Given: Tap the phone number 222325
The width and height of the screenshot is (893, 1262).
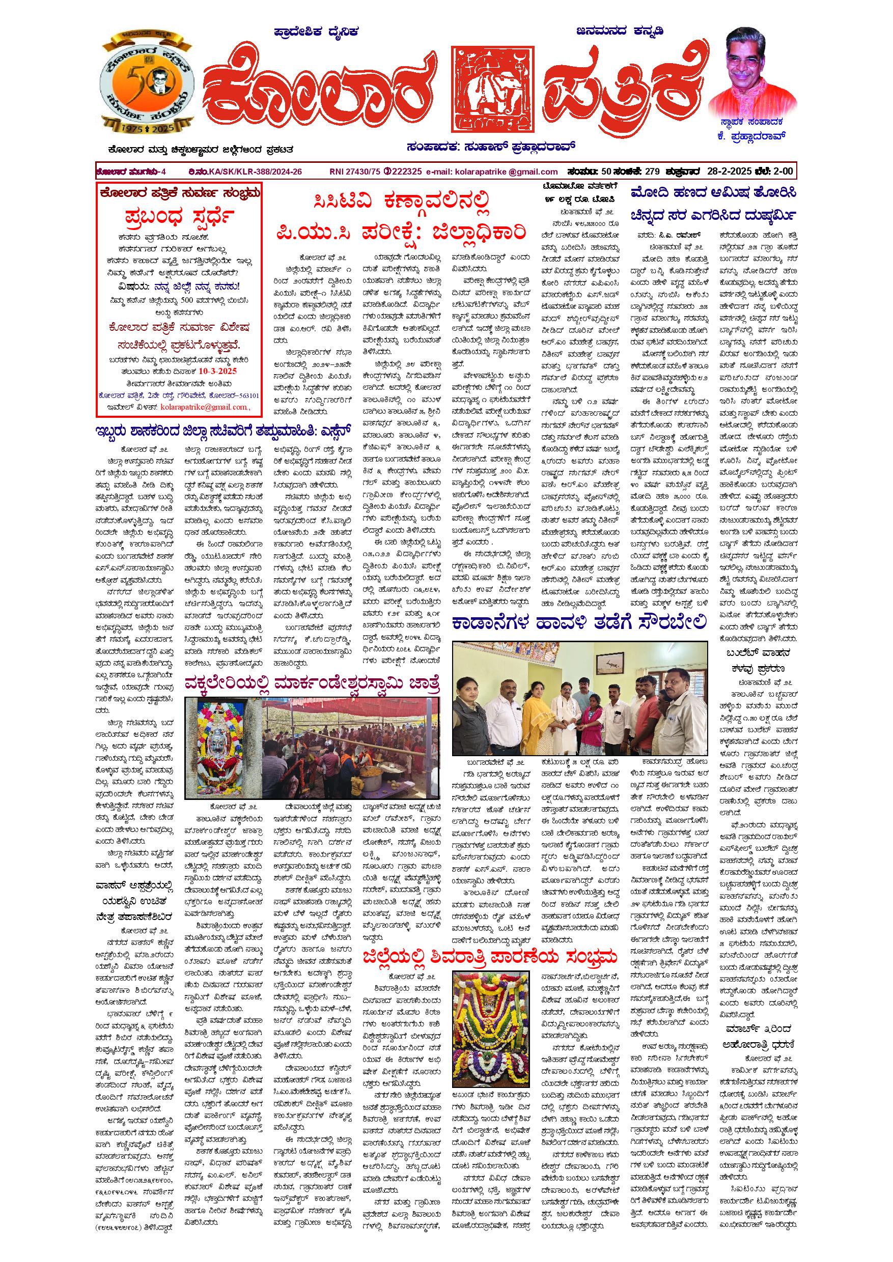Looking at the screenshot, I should tap(406, 172).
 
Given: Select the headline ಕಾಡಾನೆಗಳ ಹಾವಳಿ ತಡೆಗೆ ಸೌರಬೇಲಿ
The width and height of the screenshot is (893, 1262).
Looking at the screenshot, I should tap(578, 623).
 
